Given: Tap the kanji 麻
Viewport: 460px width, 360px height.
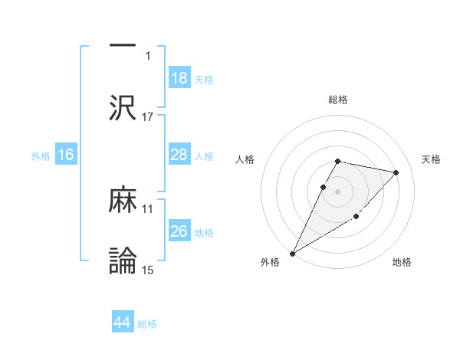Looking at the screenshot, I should tap(123, 201).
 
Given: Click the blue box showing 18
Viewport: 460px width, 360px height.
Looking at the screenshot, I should tap(179, 77).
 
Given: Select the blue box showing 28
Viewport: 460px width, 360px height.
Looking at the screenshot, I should tap(179, 155).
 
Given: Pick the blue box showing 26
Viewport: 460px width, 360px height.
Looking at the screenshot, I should tap(179, 231).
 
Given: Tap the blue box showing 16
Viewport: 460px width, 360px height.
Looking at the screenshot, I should tap(66, 155).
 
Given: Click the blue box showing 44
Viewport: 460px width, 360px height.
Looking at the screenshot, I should tap(123, 323).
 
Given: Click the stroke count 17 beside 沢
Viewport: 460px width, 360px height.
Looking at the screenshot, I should tap(148, 116).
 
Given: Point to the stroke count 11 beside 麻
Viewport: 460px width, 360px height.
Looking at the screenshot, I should tap(148, 208).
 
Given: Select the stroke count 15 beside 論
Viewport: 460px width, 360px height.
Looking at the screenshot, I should tap(148, 270).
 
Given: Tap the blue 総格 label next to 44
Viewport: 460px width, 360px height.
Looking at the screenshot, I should tap(147, 324).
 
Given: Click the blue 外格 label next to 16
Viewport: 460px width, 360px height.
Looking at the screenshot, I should tap(41, 155).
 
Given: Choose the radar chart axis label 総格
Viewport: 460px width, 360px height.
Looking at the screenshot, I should tap(337, 100).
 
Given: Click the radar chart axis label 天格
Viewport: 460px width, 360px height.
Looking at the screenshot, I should tap(431, 159).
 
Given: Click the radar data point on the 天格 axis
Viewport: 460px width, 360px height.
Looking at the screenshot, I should tap(396, 172).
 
